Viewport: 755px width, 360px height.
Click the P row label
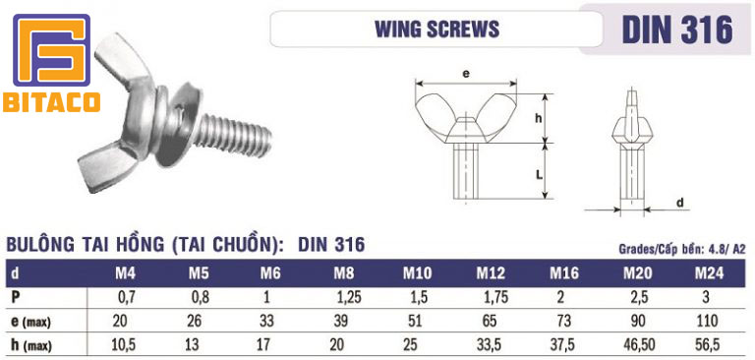16,296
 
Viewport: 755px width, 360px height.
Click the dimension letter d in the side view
681,203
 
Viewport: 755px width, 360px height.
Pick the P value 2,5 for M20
638,296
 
